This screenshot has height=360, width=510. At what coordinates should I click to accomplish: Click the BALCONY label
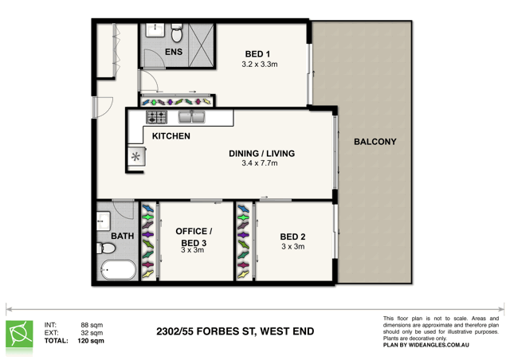coord(375,142)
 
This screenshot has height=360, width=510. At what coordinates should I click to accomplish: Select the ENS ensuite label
coord(173,53)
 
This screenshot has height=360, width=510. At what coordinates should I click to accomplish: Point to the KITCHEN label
coord(171,136)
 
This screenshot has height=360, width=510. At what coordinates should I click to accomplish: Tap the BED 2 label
coord(292,237)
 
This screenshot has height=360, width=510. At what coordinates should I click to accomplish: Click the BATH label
coord(123,237)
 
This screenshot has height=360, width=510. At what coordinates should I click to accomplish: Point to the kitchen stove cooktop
coord(155,118)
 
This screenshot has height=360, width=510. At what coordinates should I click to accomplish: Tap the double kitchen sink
coord(191,118)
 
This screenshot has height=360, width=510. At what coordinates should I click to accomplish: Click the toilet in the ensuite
coord(177,33)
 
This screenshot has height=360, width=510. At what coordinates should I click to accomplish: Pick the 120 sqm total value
coord(92,341)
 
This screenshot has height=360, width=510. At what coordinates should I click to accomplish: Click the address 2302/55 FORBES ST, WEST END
coord(236,331)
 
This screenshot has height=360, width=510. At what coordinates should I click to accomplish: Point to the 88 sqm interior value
coord(92,325)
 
